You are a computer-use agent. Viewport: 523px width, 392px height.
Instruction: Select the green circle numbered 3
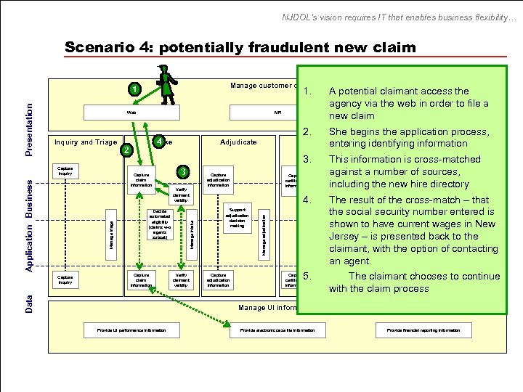[x=185, y=172]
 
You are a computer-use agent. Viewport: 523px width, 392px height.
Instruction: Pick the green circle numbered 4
[x=159, y=141]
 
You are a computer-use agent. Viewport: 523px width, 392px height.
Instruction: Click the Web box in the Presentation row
[x=131, y=113]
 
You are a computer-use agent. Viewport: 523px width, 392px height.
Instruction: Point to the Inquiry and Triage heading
[x=84, y=142]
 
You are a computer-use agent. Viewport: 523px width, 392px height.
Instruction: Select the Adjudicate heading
[x=239, y=142]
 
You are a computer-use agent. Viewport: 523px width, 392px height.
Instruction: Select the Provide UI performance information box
[x=132, y=330]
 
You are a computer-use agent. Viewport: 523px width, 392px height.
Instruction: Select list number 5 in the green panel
[x=308, y=277]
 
